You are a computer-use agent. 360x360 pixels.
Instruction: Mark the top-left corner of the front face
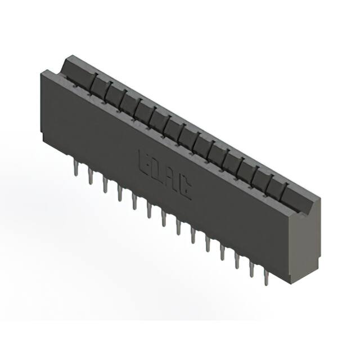43,70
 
